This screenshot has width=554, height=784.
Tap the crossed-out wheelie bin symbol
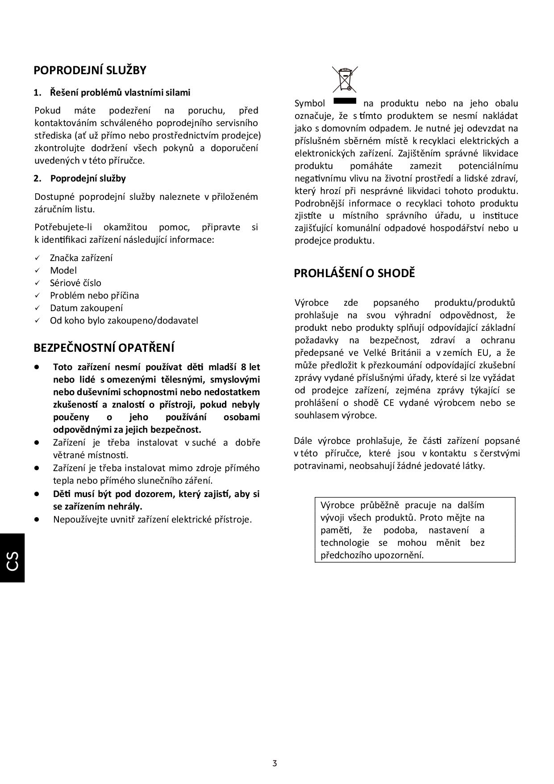click(345, 79)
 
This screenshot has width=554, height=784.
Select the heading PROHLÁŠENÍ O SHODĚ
click(354, 273)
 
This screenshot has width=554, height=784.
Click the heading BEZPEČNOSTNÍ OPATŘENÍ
click(104, 348)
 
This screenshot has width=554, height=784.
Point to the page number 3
click(275, 763)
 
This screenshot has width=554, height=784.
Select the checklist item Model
click(63, 270)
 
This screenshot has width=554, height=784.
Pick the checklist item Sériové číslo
click(75, 283)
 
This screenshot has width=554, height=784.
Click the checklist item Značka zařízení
click(81, 258)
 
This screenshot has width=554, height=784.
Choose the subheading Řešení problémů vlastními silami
click(120, 93)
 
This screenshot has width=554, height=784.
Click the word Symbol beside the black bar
click(310, 104)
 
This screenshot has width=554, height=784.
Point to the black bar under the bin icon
click(345, 100)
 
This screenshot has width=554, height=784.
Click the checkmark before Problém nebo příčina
click(38, 295)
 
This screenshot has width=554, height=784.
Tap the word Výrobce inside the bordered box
click(337, 506)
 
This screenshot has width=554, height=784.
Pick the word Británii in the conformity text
click(404, 353)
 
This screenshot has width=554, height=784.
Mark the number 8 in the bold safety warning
click(243, 367)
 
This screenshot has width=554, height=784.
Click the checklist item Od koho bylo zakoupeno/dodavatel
click(124, 320)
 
